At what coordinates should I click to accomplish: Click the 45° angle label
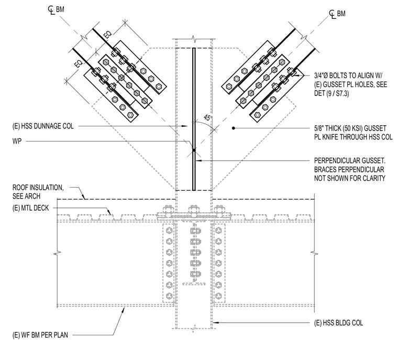[208, 118]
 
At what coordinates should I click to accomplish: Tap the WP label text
[17, 141]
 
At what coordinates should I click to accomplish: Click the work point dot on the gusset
[194, 150]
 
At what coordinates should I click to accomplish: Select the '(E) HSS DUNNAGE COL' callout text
[43, 126]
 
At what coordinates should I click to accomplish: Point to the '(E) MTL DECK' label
[30, 208]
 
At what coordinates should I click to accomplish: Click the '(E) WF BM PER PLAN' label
[40, 335]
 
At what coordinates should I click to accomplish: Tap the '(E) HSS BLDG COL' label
[339, 323]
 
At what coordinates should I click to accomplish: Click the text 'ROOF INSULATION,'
[38, 188]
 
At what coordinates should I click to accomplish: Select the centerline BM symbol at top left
[56, 10]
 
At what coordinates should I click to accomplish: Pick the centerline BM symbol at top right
[337, 14]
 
